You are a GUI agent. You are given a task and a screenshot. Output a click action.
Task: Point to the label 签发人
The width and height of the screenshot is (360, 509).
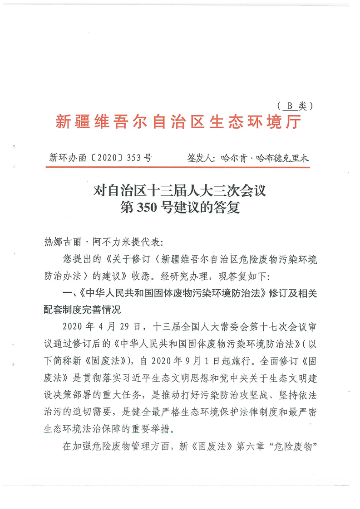point(200,158)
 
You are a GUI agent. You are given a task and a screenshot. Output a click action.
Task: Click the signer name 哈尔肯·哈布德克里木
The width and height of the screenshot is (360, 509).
point(265,158)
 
